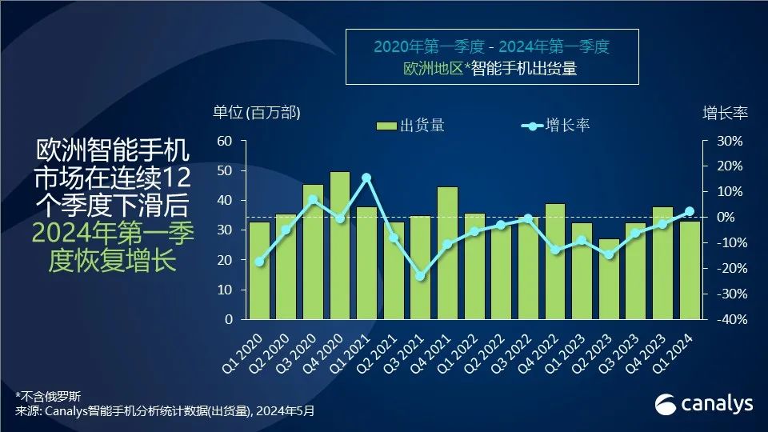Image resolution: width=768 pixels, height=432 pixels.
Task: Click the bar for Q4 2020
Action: coord(339,245)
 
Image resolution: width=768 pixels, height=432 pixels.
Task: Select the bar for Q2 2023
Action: coord(609,278)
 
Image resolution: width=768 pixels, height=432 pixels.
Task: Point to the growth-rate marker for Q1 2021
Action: coord(366,178)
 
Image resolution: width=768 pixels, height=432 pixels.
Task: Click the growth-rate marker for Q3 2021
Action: coord(420,276)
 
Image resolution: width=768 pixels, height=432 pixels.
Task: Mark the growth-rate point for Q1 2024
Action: coord(690,212)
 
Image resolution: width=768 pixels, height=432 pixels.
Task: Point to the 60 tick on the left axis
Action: coord(225,141)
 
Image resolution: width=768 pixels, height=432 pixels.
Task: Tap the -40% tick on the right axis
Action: coord(729,319)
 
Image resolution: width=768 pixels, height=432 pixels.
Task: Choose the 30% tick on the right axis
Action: coord(730,141)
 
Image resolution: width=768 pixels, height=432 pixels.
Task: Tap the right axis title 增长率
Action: coord(725,113)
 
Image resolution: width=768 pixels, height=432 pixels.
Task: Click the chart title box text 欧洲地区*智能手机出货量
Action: coord(491,69)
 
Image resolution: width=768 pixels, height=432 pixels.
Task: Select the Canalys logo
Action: coord(704,404)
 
